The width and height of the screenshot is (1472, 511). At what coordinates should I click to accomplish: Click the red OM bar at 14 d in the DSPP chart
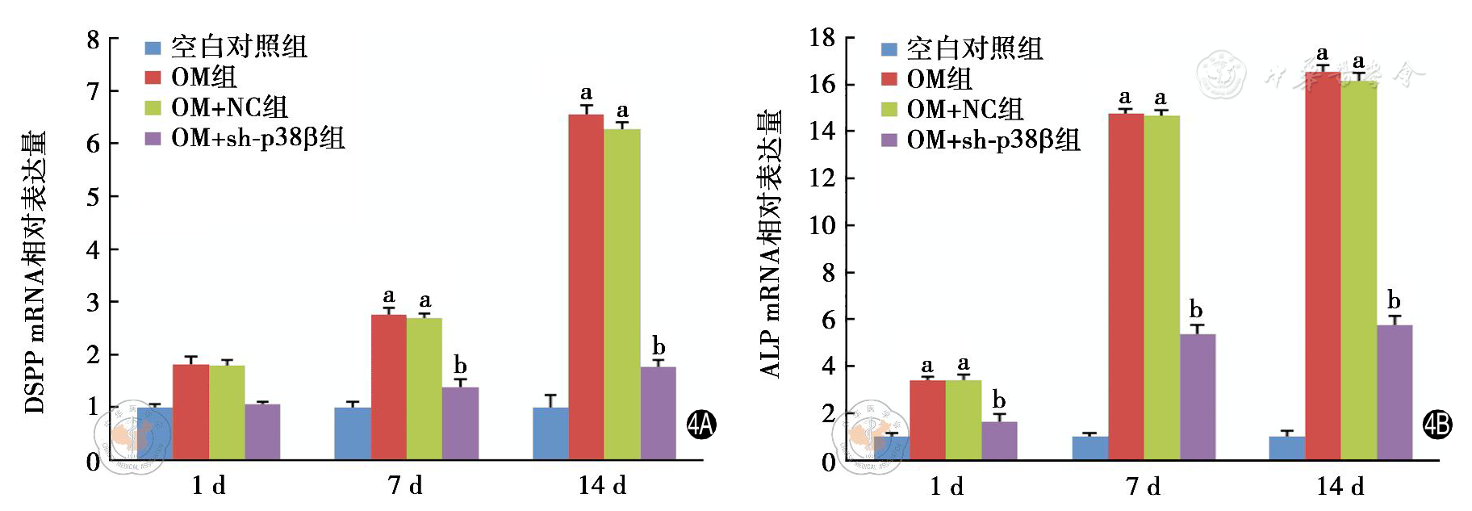[x=586, y=287]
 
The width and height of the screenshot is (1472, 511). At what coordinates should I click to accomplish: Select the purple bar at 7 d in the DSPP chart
[x=460, y=423]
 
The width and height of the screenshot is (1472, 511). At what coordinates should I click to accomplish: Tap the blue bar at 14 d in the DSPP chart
[x=550, y=433]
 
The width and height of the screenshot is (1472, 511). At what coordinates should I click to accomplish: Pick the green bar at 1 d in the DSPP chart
[x=227, y=412]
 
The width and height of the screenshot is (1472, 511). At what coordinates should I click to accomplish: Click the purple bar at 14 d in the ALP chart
[x=1395, y=392]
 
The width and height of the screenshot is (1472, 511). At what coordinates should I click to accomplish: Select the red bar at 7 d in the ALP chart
[x=1126, y=287]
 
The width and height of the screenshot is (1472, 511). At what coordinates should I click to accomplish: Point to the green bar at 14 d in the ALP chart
[x=1359, y=270]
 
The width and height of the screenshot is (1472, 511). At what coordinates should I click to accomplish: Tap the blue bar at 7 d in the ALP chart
[x=1089, y=448]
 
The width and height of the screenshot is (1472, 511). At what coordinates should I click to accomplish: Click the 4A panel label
[x=701, y=425]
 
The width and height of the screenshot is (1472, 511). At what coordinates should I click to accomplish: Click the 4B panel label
[x=1437, y=425]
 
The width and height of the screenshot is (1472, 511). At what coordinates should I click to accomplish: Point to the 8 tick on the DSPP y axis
[x=94, y=40]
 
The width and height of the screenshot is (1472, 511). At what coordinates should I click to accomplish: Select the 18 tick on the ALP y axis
[x=822, y=37]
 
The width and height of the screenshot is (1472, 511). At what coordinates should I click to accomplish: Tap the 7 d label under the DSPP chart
[x=405, y=485]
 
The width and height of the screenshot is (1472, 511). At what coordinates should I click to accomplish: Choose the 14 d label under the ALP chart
[x=1340, y=486]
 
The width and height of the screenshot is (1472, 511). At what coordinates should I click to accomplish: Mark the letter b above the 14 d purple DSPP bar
[x=659, y=346]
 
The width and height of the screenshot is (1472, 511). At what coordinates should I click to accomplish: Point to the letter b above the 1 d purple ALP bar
[x=999, y=400]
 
